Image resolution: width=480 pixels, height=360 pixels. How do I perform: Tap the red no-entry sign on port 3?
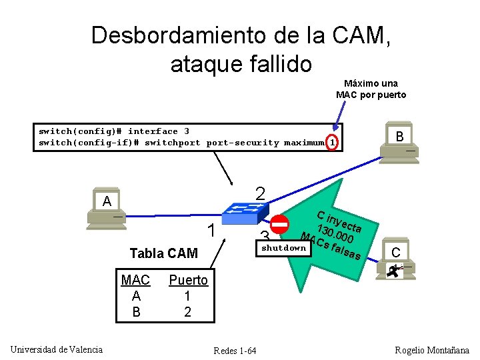[280, 225]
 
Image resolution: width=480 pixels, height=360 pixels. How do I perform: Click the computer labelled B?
[400, 144]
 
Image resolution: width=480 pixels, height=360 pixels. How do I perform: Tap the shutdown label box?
[284, 248]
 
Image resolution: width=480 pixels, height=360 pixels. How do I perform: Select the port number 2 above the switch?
[261, 193]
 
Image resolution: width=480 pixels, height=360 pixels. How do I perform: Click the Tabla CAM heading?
[163, 253]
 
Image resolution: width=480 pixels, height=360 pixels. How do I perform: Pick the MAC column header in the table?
[136, 280]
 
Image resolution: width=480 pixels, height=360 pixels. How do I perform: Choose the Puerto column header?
[188, 280]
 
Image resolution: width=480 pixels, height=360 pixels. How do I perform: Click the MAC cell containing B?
[137, 311]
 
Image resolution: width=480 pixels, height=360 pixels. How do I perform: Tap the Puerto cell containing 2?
[187, 311]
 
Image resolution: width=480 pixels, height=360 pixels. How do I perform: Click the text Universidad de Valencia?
[57, 349]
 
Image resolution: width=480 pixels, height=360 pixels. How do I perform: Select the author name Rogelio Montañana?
[432, 350]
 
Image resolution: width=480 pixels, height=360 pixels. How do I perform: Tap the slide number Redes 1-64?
[235, 351]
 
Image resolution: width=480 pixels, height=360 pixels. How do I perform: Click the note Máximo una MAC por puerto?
[371, 89]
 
